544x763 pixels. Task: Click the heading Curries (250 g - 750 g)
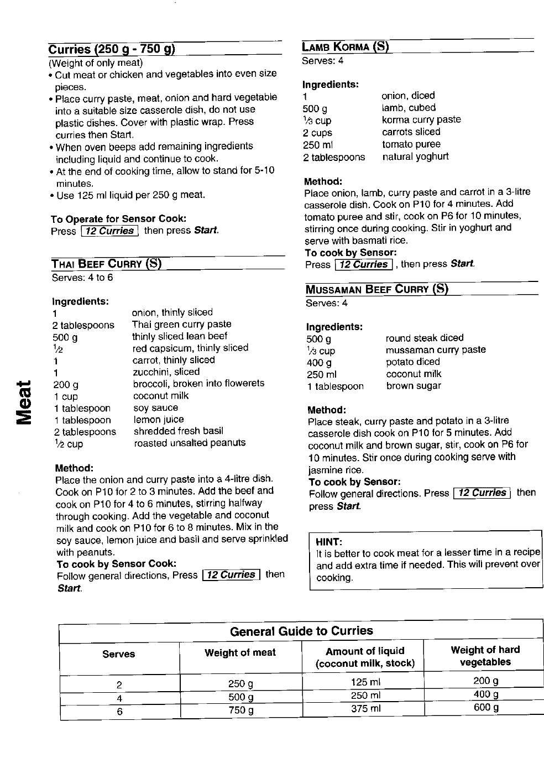[x=112, y=49]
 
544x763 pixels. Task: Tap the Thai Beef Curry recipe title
[x=107, y=264]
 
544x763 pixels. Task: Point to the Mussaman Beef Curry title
[x=377, y=289]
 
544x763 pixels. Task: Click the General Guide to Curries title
[x=301, y=631]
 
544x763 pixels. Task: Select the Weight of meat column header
[x=240, y=652]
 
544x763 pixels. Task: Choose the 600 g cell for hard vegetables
[x=486, y=708]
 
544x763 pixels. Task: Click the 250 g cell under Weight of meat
[x=240, y=684]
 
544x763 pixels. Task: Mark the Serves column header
[x=118, y=654]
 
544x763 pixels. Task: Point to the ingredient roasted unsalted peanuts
[x=190, y=443]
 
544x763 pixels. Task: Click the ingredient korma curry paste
[x=421, y=119]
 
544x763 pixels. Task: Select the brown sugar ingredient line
[x=414, y=386]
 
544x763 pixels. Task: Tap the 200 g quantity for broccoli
[x=66, y=384]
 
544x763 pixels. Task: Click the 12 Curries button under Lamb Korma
[x=364, y=264]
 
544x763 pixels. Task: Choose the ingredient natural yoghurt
[x=415, y=156]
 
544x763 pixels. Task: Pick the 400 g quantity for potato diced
[x=319, y=363]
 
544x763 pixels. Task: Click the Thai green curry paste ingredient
[x=181, y=324]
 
